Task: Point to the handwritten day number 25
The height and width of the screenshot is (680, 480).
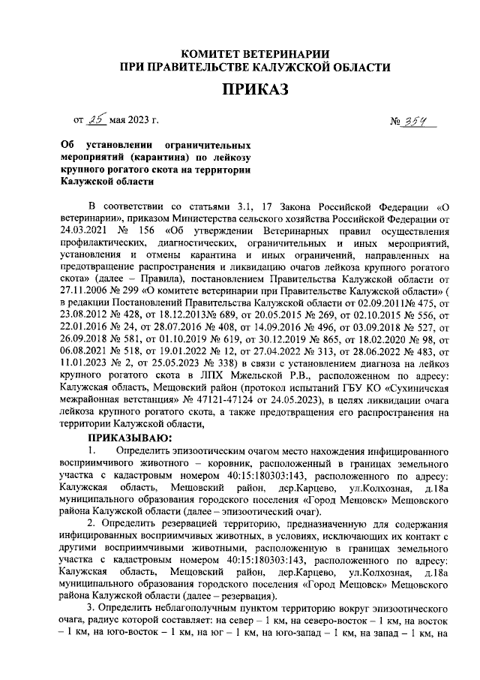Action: coord(97,119)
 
